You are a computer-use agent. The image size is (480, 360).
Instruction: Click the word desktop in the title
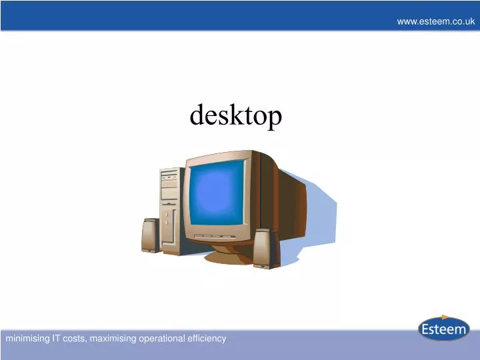[236, 116]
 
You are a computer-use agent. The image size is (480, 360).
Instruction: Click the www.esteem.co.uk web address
[435, 21]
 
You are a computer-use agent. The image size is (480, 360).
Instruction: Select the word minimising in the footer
[27, 339]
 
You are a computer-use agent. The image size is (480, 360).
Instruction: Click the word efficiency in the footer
[205, 339]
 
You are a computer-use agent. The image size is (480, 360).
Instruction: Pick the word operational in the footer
[160, 339]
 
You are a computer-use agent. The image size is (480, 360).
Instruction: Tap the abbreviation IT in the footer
[57, 339]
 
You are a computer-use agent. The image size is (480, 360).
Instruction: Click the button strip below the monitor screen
[217, 235]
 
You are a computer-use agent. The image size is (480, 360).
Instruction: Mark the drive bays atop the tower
[169, 179]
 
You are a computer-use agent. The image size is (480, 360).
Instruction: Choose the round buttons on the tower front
[167, 217]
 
